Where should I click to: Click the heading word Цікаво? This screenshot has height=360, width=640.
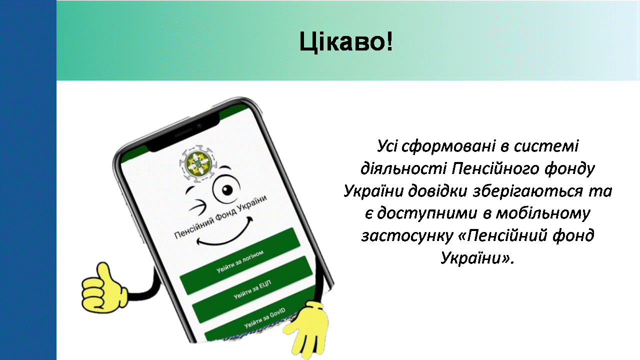coord(346,42)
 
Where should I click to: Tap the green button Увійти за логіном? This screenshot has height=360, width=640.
coord(240,261)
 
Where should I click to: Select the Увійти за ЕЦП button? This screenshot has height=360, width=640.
coord(252,289)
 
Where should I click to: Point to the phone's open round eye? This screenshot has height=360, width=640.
coord(227,189)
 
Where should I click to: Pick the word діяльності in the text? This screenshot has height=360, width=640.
coord(403,168)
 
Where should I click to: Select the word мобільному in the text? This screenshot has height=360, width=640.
coord(542,213)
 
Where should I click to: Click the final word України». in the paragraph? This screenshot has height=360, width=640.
coord(477,258)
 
